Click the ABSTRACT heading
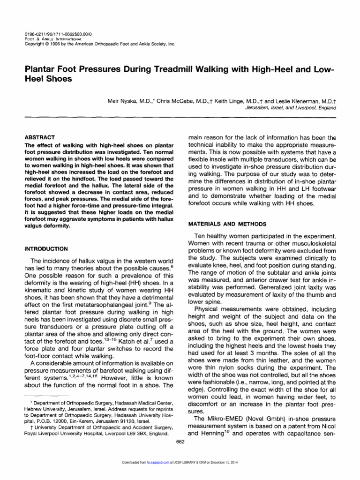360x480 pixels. [39, 137]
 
